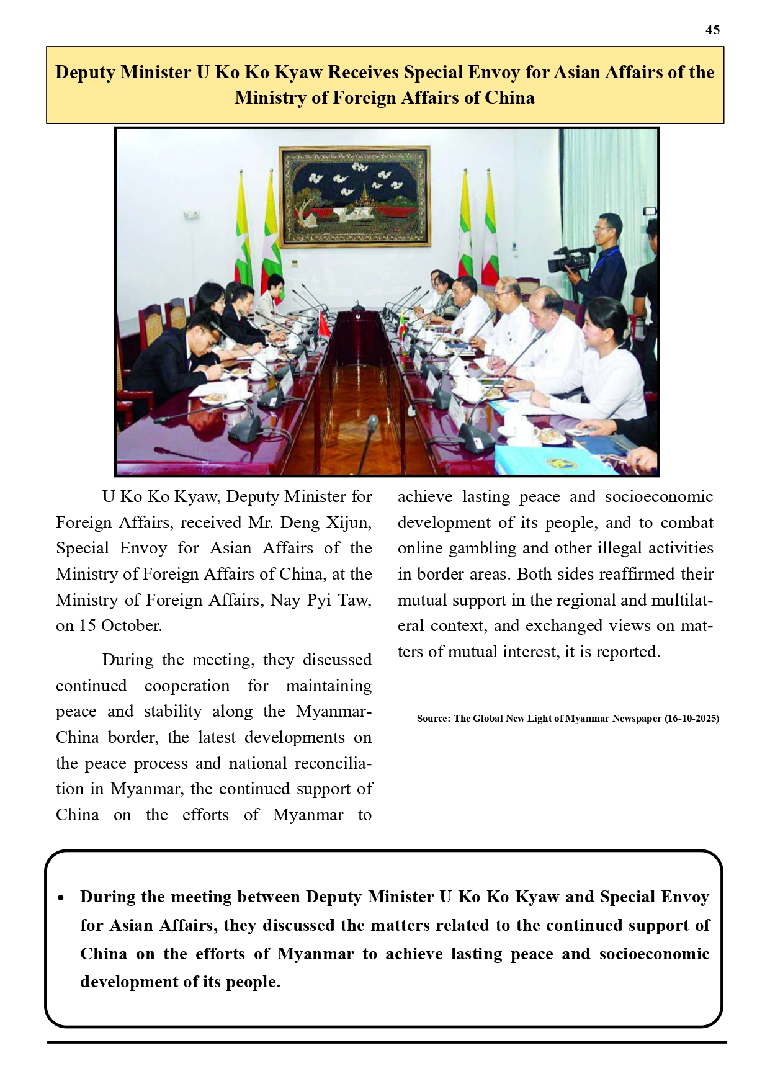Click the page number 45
[712, 30]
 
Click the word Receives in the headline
[363, 73]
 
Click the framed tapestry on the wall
[354, 195]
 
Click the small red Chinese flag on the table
[323, 325]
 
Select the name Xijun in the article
[347, 522]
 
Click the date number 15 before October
[87, 625]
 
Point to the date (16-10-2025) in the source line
[691, 719]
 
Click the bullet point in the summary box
[61, 898]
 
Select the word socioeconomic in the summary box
[654, 954]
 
